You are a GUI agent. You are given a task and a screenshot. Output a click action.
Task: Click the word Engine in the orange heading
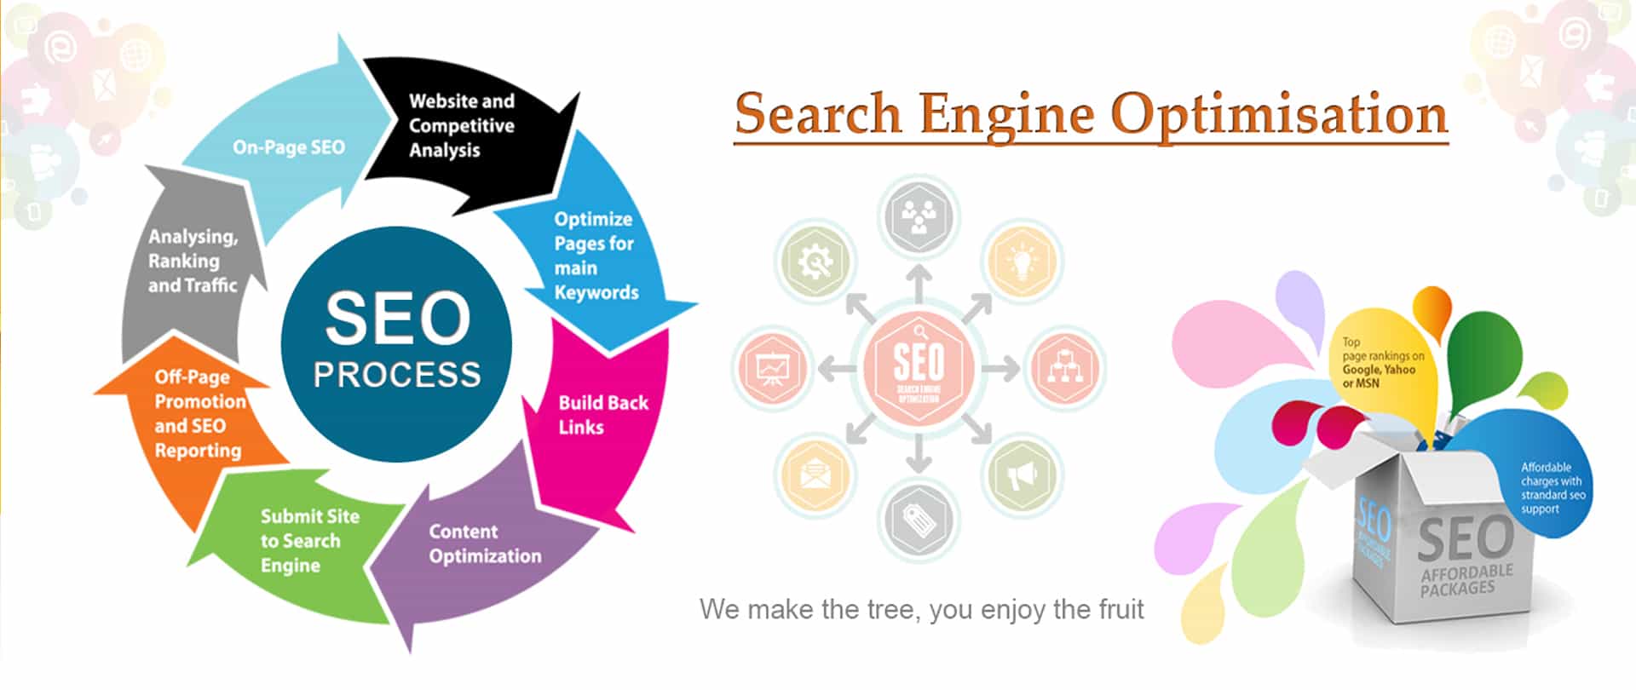coord(1006,114)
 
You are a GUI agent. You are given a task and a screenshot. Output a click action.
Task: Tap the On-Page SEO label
coord(289,147)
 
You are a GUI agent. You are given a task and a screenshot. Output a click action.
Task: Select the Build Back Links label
coord(602,415)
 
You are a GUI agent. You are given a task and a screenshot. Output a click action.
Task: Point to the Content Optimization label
coord(485,543)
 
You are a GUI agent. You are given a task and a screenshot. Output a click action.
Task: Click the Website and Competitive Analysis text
coord(461,125)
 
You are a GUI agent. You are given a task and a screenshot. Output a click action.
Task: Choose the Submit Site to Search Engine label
coord(309,541)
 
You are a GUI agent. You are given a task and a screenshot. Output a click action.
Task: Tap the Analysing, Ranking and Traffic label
coord(193,261)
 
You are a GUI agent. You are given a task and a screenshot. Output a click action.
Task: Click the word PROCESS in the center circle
coord(397,375)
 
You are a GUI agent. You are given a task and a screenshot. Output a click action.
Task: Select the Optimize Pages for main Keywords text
coord(596,256)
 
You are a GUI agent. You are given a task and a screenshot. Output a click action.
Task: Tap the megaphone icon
coord(1022,475)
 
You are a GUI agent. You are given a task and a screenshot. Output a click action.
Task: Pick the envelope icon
coord(815,474)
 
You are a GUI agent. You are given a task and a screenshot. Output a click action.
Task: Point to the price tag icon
coord(918,518)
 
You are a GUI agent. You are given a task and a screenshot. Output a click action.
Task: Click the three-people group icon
coord(918,216)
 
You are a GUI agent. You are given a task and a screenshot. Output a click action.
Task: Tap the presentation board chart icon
coord(773,368)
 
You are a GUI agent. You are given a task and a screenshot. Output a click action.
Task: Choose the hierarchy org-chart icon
coord(1064,368)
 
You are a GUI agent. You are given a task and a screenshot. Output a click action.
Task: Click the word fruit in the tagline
coord(1116,610)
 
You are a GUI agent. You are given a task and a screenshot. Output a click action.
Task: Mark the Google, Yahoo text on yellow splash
coord(1379,370)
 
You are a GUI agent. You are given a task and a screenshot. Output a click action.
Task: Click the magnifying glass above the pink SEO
coord(919,331)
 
